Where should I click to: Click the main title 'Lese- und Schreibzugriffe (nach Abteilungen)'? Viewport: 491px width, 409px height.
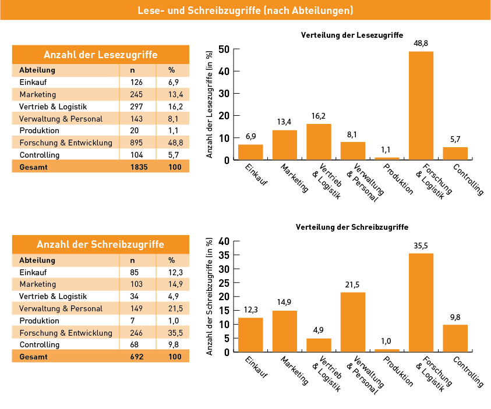(246, 10)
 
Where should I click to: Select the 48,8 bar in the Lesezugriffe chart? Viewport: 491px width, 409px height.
(421, 106)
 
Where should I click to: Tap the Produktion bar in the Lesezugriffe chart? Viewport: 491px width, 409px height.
(387, 159)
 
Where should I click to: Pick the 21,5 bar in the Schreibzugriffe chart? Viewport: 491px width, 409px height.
(353, 322)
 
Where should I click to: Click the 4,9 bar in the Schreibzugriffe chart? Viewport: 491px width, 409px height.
(319, 345)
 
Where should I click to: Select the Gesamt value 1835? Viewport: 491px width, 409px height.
(139, 167)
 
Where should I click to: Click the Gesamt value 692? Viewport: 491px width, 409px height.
(137, 357)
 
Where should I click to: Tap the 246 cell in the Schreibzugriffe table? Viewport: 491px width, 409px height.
(136, 333)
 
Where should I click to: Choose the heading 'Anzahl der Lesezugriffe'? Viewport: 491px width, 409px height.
(101, 55)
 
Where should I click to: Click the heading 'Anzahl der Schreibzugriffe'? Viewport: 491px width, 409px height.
(101, 244)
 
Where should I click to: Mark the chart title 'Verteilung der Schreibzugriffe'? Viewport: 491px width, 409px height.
(352, 227)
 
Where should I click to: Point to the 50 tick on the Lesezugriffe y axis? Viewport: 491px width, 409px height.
(224, 49)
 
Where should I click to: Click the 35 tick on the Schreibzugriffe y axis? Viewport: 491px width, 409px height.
(224, 255)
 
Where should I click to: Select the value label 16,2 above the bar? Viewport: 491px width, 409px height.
(319, 116)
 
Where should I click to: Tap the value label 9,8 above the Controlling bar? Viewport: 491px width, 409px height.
(455, 318)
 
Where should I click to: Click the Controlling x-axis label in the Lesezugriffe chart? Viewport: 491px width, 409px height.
(468, 179)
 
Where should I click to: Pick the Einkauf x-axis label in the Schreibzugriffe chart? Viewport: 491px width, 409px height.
(256, 367)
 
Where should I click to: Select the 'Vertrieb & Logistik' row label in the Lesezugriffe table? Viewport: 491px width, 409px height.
(53, 106)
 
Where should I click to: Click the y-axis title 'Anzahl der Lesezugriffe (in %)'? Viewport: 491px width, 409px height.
(210, 104)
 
